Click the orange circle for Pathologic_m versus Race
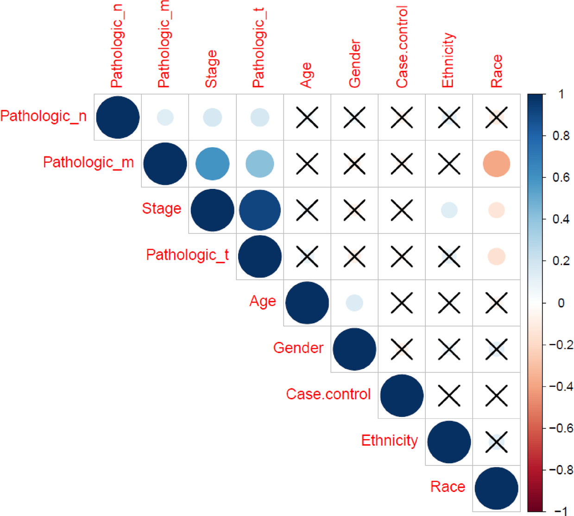coord(496,164)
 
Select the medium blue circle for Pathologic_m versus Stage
coord(212,164)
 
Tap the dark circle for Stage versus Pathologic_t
coord(260,210)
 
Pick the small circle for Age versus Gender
coord(354,303)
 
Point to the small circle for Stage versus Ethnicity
coord(449,210)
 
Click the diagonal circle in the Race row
coord(496,488)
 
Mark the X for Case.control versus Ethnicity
coord(449,396)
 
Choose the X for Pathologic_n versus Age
coord(307,117)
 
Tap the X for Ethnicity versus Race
coord(496,442)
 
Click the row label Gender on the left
coord(298,348)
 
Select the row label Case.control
coord(328,394)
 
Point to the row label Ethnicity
coord(389,441)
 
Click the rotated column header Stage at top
coord(211,69)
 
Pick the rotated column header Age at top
coord(306,75)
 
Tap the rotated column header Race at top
coord(496,71)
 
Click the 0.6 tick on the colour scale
coord(561,178)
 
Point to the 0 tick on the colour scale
coord(561,303)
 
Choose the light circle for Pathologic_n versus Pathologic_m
coord(165,117)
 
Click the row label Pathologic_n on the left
coord(44,116)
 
